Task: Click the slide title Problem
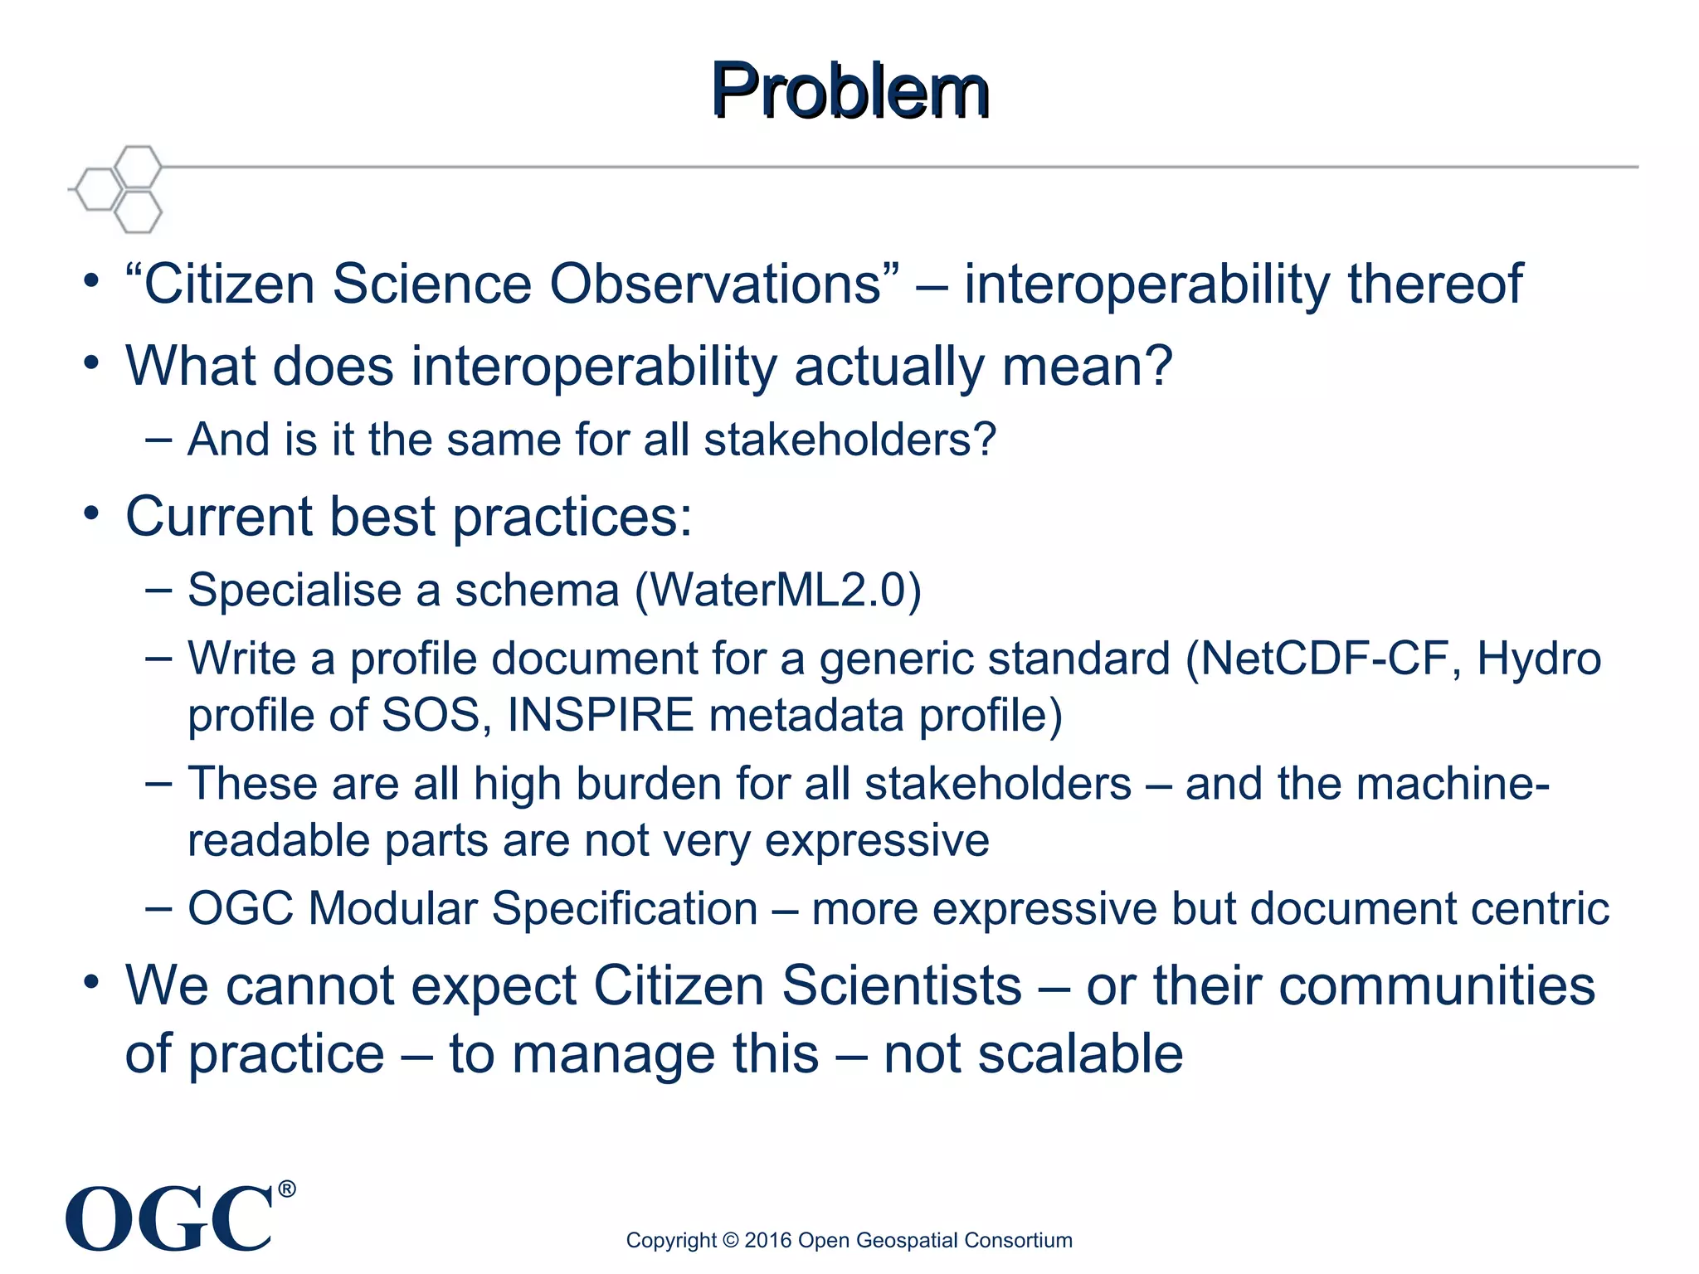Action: (x=849, y=90)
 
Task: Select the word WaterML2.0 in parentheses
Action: (x=777, y=591)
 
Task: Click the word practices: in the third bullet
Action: (x=572, y=517)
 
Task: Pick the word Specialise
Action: (x=295, y=591)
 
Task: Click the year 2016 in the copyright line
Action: (x=767, y=1240)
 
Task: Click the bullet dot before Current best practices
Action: (x=91, y=514)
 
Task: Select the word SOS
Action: (x=431, y=715)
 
